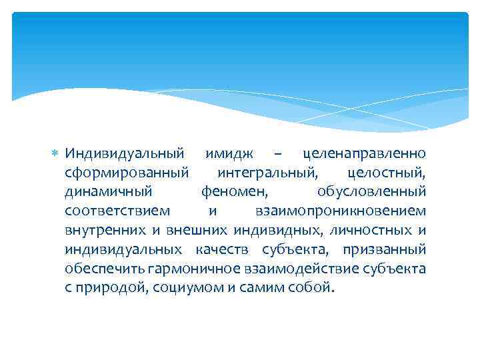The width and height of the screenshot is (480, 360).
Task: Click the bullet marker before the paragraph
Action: (57, 155)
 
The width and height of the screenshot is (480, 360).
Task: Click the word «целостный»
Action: (387, 173)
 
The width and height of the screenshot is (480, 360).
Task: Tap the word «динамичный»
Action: (109, 192)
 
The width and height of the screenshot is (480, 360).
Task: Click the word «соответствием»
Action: (117, 211)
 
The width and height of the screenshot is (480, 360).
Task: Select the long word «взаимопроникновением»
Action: (340, 211)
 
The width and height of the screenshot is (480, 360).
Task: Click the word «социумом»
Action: (182, 288)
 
